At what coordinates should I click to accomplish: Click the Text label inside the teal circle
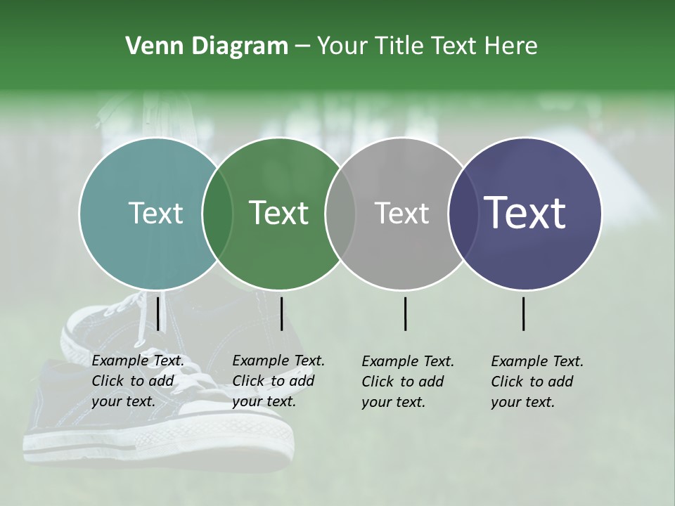click(x=155, y=213)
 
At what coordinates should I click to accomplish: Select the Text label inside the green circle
click(x=278, y=213)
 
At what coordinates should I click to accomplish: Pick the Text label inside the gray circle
click(x=401, y=213)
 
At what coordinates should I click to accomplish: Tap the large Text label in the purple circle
click(x=525, y=212)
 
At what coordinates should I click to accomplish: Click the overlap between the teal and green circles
click(x=217, y=214)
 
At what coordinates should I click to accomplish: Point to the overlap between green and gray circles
click(x=340, y=214)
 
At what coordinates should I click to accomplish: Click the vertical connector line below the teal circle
click(x=158, y=313)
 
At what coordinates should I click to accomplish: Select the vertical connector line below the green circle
click(x=281, y=313)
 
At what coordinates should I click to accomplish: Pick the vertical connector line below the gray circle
click(x=406, y=313)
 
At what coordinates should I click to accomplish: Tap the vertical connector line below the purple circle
click(x=524, y=313)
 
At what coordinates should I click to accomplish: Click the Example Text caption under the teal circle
click(x=137, y=381)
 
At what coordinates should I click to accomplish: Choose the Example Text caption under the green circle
click(x=278, y=381)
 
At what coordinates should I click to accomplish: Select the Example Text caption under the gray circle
click(x=407, y=382)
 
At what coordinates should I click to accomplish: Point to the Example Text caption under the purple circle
click(x=536, y=382)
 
